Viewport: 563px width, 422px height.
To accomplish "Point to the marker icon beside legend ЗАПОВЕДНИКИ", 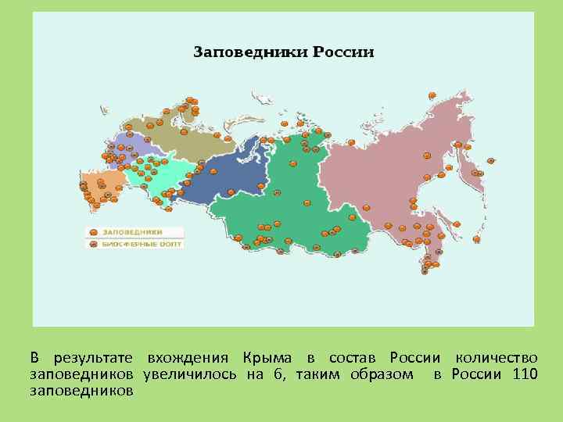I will [x=93, y=232].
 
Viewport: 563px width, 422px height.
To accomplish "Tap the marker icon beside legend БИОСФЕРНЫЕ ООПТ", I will [x=93, y=244].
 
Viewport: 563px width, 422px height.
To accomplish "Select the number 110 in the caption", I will [x=525, y=374].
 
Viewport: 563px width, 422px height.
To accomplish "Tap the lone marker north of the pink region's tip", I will [x=431, y=94].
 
